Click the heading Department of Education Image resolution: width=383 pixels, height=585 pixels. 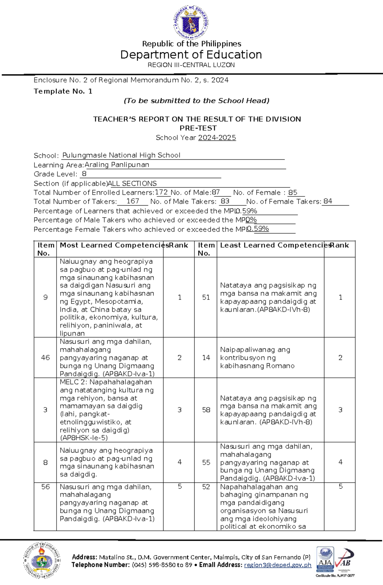[x=191, y=55]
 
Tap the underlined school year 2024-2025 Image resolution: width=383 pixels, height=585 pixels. [x=217, y=138]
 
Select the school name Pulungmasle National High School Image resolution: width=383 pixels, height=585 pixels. [x=121, y=155]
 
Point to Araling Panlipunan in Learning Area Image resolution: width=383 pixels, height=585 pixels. [x=117, y=165]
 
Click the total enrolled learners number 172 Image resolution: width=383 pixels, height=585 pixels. [x=161, y=192]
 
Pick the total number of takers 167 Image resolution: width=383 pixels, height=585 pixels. [x=132, y=201]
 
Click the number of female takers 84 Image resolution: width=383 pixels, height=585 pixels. [x=328, y=201]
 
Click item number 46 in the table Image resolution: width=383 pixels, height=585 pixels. [x=45, y=358]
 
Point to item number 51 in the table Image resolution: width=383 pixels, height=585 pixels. [x=206, y=297]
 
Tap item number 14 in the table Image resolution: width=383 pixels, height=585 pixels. [x=206, y=358]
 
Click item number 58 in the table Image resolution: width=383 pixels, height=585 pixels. [x=206, y=410]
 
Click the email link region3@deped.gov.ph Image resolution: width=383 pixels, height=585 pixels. [x=277, y=565]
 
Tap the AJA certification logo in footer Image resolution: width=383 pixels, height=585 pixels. [x=325, y=560]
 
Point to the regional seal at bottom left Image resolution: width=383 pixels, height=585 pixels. [x=42, y=560]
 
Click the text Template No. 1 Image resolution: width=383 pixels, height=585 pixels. [x=63, y=91]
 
